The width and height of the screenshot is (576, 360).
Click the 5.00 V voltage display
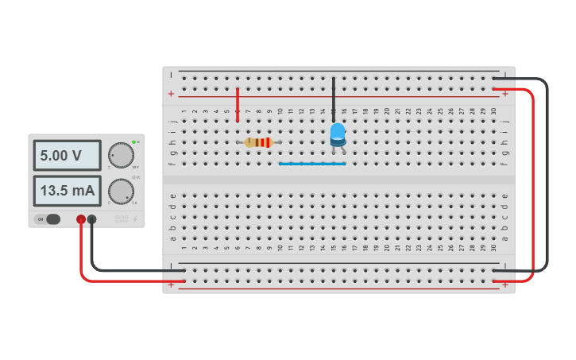tap(67, 156)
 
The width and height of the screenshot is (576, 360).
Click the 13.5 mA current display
tap(67, 191)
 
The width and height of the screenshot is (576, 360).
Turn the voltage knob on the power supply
tap(121, 155)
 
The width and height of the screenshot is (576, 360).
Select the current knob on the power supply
tap(121, 191)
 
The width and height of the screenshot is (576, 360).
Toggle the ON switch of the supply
tap(50, 219)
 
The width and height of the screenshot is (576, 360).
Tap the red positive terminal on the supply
tap(81, 219)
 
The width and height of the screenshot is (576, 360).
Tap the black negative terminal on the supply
tap(92, 219)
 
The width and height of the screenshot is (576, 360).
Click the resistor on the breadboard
tap(258, 142)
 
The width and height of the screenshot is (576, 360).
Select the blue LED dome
tap(338, 131)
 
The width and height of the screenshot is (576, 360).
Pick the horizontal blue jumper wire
tap(311, 164)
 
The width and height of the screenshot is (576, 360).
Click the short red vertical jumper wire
tap(238, 105)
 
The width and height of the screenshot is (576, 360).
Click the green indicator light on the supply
tap(134, 141)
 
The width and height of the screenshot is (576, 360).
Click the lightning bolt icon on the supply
tap(134, 219)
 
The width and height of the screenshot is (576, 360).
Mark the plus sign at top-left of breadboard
tap(171, 94)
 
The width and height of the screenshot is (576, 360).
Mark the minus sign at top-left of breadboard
tap(171, 75)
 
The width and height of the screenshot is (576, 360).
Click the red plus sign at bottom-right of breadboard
tap(505, 284)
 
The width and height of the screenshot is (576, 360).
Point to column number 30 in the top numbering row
tap(493, 111)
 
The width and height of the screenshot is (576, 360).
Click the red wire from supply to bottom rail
tap(82, 262)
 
